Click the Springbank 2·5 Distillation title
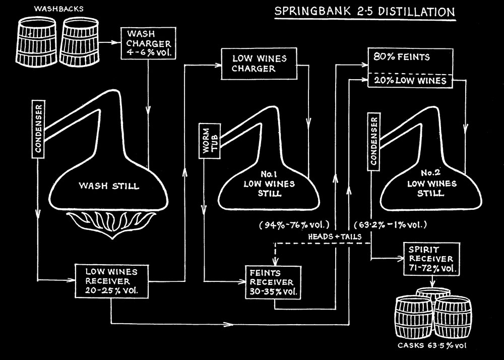point(364,12)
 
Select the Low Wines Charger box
point(259,64)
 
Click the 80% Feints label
point(394,57)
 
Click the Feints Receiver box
point(272,282)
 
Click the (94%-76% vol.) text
point(294,224)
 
